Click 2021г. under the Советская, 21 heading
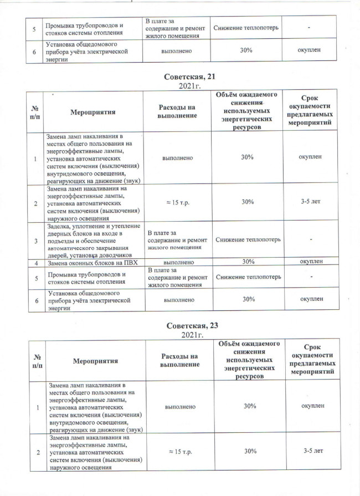(181, 86)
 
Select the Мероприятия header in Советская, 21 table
(92, 112)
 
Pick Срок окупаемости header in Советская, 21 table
(311, 112)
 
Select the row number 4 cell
(36, 262)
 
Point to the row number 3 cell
(36, 241)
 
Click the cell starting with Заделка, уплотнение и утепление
(91, 241)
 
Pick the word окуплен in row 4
(311, 262)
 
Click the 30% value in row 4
(248, 262)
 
